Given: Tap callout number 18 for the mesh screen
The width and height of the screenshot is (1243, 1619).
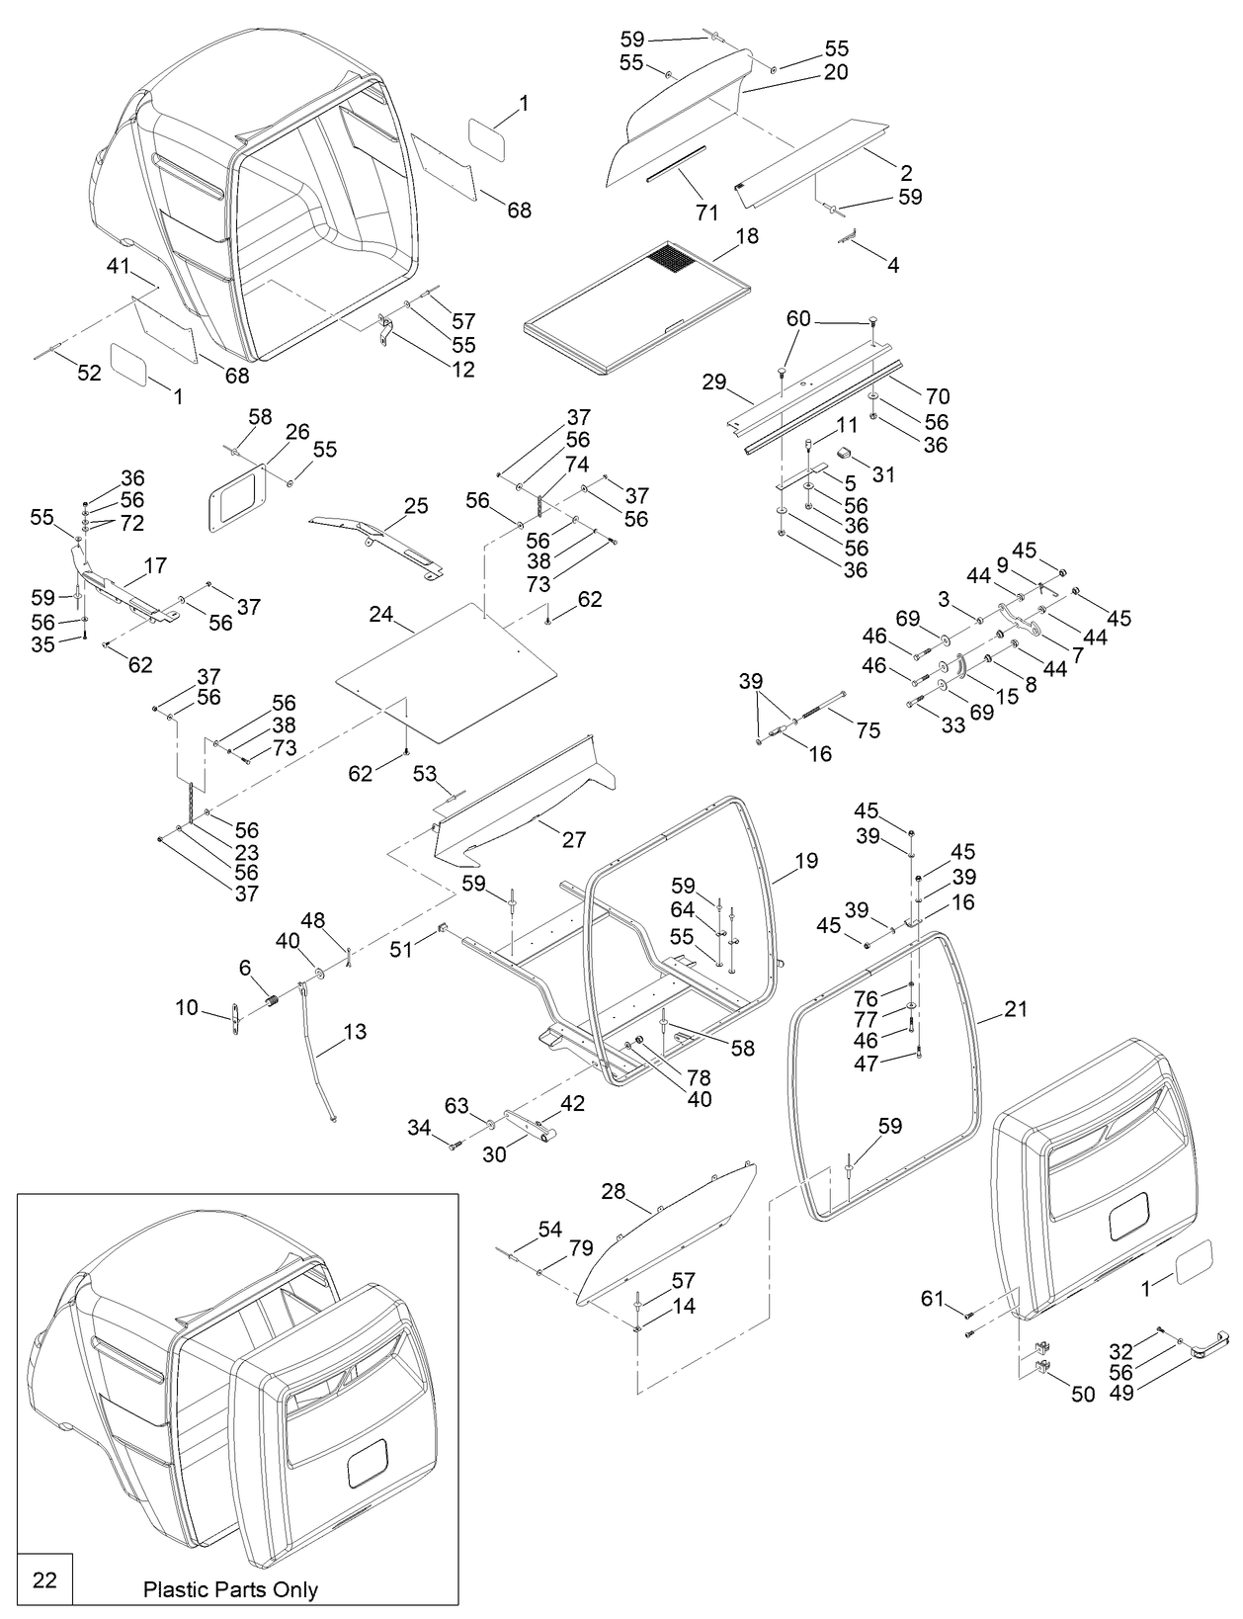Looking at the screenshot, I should pos(747,236).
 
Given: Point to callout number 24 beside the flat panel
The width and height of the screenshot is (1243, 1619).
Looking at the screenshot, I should pos(381,615).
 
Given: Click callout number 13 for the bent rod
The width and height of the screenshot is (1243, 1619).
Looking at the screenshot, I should pos(355,1032).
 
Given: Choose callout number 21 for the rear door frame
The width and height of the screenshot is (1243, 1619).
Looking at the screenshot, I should pos(1016,1009).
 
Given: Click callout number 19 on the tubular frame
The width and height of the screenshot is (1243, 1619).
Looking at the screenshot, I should pos(806,861).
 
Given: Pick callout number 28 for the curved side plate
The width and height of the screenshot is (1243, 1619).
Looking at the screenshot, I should pos(614,1191).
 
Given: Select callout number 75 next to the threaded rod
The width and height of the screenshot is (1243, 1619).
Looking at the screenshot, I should pos(869,731).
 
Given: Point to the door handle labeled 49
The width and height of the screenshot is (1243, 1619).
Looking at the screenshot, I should pos(1207,1343).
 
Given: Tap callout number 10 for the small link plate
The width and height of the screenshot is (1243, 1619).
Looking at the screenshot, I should pos(187,1008).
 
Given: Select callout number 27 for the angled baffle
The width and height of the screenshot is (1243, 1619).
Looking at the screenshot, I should pos(574,840).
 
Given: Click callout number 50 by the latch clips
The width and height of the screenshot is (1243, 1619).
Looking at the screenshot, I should pos(1083,1395).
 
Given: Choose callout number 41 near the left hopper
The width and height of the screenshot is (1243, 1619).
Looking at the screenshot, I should pos(119,266).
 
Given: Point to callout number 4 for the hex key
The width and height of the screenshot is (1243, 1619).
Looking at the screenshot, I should pos(892,266).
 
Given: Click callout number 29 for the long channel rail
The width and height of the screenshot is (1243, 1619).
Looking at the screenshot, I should pos(713,382).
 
